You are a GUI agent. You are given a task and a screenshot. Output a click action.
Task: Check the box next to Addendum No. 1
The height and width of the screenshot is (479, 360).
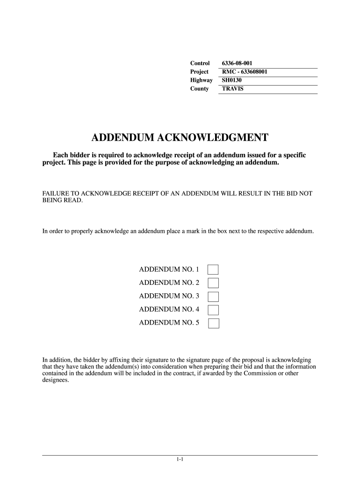[213, 269]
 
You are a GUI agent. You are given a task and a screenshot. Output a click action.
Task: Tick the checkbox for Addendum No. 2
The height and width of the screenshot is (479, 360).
[213, 283]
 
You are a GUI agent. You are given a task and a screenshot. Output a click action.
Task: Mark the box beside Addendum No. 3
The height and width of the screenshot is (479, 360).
[213, 296]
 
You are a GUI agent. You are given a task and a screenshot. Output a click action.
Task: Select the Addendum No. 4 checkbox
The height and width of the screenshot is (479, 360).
[213, 309]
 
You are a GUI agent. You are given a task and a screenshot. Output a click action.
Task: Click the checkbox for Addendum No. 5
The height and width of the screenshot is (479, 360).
[213, 323]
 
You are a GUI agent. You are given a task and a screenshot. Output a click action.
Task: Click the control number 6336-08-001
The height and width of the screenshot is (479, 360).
[237, 63]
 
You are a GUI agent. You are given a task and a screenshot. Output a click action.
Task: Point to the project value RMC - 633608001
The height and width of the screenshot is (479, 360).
[245, 72]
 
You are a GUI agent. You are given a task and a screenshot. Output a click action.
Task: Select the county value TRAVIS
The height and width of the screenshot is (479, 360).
[232, 89]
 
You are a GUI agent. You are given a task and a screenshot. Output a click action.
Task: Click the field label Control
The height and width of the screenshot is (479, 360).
[200, 63]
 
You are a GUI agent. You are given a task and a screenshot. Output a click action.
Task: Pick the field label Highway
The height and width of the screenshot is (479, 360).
[201, 80]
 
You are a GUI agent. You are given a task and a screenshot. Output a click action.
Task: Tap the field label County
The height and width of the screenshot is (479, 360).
[199, 89]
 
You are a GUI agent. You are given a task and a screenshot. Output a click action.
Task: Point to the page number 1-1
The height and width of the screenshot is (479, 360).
[180, 460]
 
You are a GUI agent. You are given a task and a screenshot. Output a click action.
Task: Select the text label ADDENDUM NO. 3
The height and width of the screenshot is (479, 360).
[169, 296]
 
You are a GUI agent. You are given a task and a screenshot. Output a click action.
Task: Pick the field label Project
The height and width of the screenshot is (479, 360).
[199, 72]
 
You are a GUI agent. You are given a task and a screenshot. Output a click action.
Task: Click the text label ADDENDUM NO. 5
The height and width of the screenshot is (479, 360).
[169, 323]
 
